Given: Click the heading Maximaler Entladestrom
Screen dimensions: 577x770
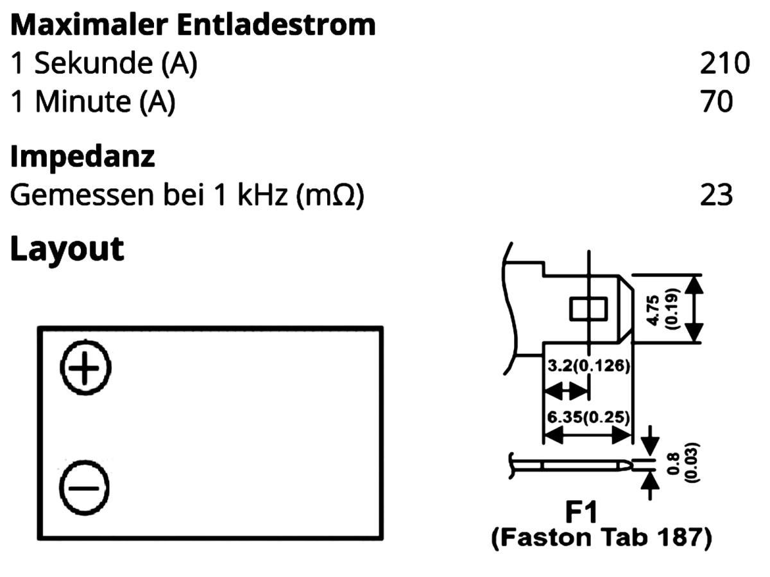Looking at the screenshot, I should [193, 24].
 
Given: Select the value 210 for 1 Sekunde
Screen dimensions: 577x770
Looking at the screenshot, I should [724, 63].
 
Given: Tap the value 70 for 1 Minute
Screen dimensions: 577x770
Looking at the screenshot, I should [716, 102].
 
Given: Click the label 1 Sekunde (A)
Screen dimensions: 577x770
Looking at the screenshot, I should [104, 63].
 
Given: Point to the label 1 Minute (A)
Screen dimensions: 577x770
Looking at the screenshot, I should [93, 102].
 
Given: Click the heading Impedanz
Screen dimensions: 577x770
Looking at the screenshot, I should [83, 156].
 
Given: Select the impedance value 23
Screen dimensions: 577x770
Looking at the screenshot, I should [716, 195].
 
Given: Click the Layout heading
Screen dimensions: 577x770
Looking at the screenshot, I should [67, 248].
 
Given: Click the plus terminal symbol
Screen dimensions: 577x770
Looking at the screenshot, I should [85, 368].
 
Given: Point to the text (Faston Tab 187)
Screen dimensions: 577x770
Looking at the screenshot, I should [601, 539].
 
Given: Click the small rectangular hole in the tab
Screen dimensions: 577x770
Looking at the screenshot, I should [588, 308].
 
